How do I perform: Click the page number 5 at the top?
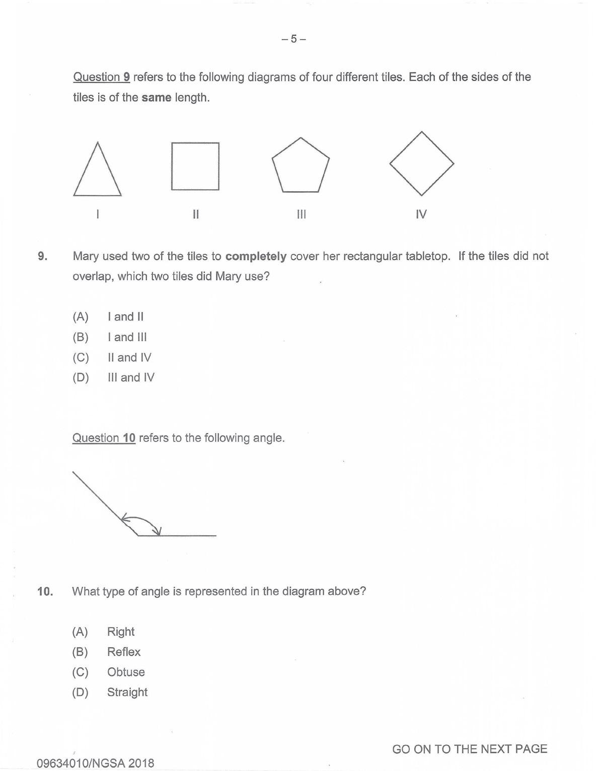pos(294,39)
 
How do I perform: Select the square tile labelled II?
pos(195,167)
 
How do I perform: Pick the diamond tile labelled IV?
pos(422,164)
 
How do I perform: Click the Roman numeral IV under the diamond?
pos(421,214)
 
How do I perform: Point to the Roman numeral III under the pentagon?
pos(301,214)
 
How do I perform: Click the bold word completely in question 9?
pos(256,256)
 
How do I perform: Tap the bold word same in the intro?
pos(156,98)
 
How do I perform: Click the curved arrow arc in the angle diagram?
pos(143,520)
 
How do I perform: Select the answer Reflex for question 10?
pos(123,652)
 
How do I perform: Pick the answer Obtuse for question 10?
pos(126,672)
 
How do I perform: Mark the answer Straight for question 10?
pos(127,692)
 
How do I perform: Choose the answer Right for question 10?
pos(121,632)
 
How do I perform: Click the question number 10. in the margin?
pos(45,591)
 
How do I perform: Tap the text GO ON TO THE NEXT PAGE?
pos(469,749)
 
